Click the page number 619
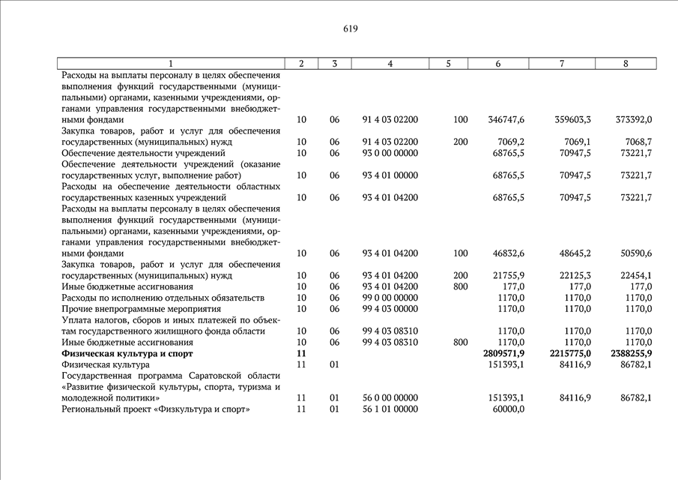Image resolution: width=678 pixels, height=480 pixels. point(351,29)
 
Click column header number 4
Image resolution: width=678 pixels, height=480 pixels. point(390,64)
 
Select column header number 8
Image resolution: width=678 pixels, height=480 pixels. point(626,64)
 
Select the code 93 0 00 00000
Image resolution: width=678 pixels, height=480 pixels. point(390,153)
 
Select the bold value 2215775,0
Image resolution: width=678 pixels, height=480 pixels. point(567,353)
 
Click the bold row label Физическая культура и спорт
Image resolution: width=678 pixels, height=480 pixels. point(127,353)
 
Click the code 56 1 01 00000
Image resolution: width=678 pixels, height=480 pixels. point(390,409)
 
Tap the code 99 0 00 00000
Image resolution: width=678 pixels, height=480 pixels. point(390,298)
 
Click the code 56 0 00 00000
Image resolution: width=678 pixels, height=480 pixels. point(390,398)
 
